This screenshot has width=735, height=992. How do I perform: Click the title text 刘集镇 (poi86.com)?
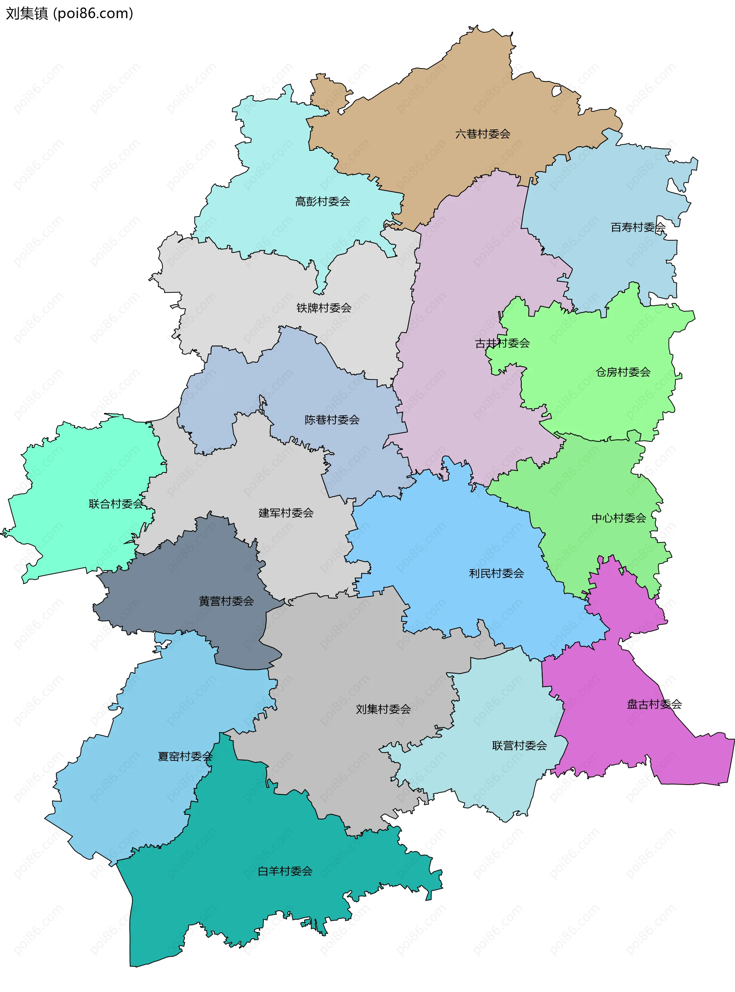tap(69, 14)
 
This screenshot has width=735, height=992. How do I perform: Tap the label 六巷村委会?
tap(482, 134)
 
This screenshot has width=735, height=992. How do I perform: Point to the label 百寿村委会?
tap(637, 227)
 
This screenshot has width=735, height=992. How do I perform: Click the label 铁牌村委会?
tap(324, 308)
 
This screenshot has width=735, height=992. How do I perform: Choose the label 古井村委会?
tap(502, 343)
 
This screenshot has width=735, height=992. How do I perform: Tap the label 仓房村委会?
tap(622, 372)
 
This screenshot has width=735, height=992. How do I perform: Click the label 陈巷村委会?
tap(332, 420)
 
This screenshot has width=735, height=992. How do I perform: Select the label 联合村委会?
tap(116, 504)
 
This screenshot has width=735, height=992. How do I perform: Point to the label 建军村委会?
tap(286, 513)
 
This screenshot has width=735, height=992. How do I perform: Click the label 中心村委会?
tap(618, 518)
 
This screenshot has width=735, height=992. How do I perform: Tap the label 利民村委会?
tap(496, 573)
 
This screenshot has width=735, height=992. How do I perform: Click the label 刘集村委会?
tap(383, 709)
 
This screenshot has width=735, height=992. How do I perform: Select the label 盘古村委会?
tap(654, 704)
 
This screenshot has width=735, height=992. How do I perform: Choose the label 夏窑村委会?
tap(185, 756)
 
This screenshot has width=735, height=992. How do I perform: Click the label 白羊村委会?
tap(285, 871)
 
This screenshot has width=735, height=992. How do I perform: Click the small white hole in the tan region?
tap(556, 91)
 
